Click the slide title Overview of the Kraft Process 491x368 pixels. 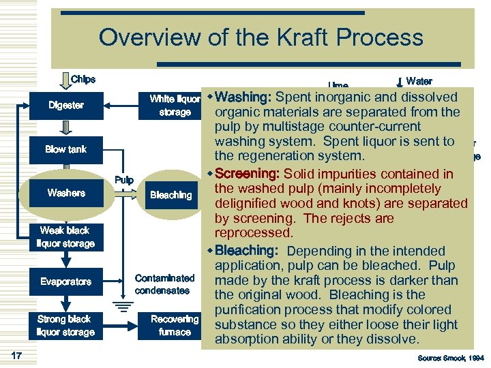[261, 37]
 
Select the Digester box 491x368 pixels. [66, 106]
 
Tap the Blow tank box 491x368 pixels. [66, 149]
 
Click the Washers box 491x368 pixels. [66, 194]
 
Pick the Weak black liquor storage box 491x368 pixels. [66, 237]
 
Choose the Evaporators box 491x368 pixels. [66, 281]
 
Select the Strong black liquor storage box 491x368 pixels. [66, 326]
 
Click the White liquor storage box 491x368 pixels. [175, 106]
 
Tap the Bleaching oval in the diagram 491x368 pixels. [171, 195]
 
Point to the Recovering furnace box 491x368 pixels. [175, 326]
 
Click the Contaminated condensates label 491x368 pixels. [164, 284]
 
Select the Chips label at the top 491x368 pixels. [83, 79]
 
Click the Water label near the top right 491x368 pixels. [419, 81]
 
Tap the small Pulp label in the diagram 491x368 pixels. [123, 180]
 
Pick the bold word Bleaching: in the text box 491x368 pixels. [248, 251]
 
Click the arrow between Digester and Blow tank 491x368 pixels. [66, 127]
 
